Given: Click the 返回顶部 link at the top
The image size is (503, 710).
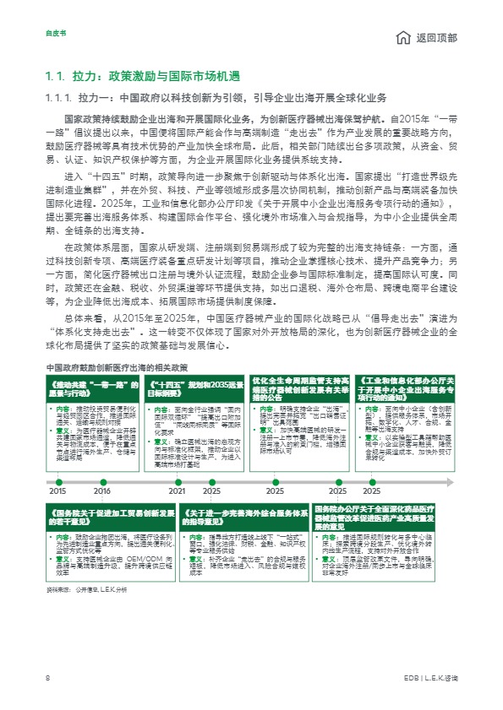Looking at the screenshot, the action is [438, 39].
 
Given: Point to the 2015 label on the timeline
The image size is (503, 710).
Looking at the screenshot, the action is [57, 490].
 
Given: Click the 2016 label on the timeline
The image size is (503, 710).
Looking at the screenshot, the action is [102, 490].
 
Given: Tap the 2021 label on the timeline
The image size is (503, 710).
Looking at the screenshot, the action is [177, 490].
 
